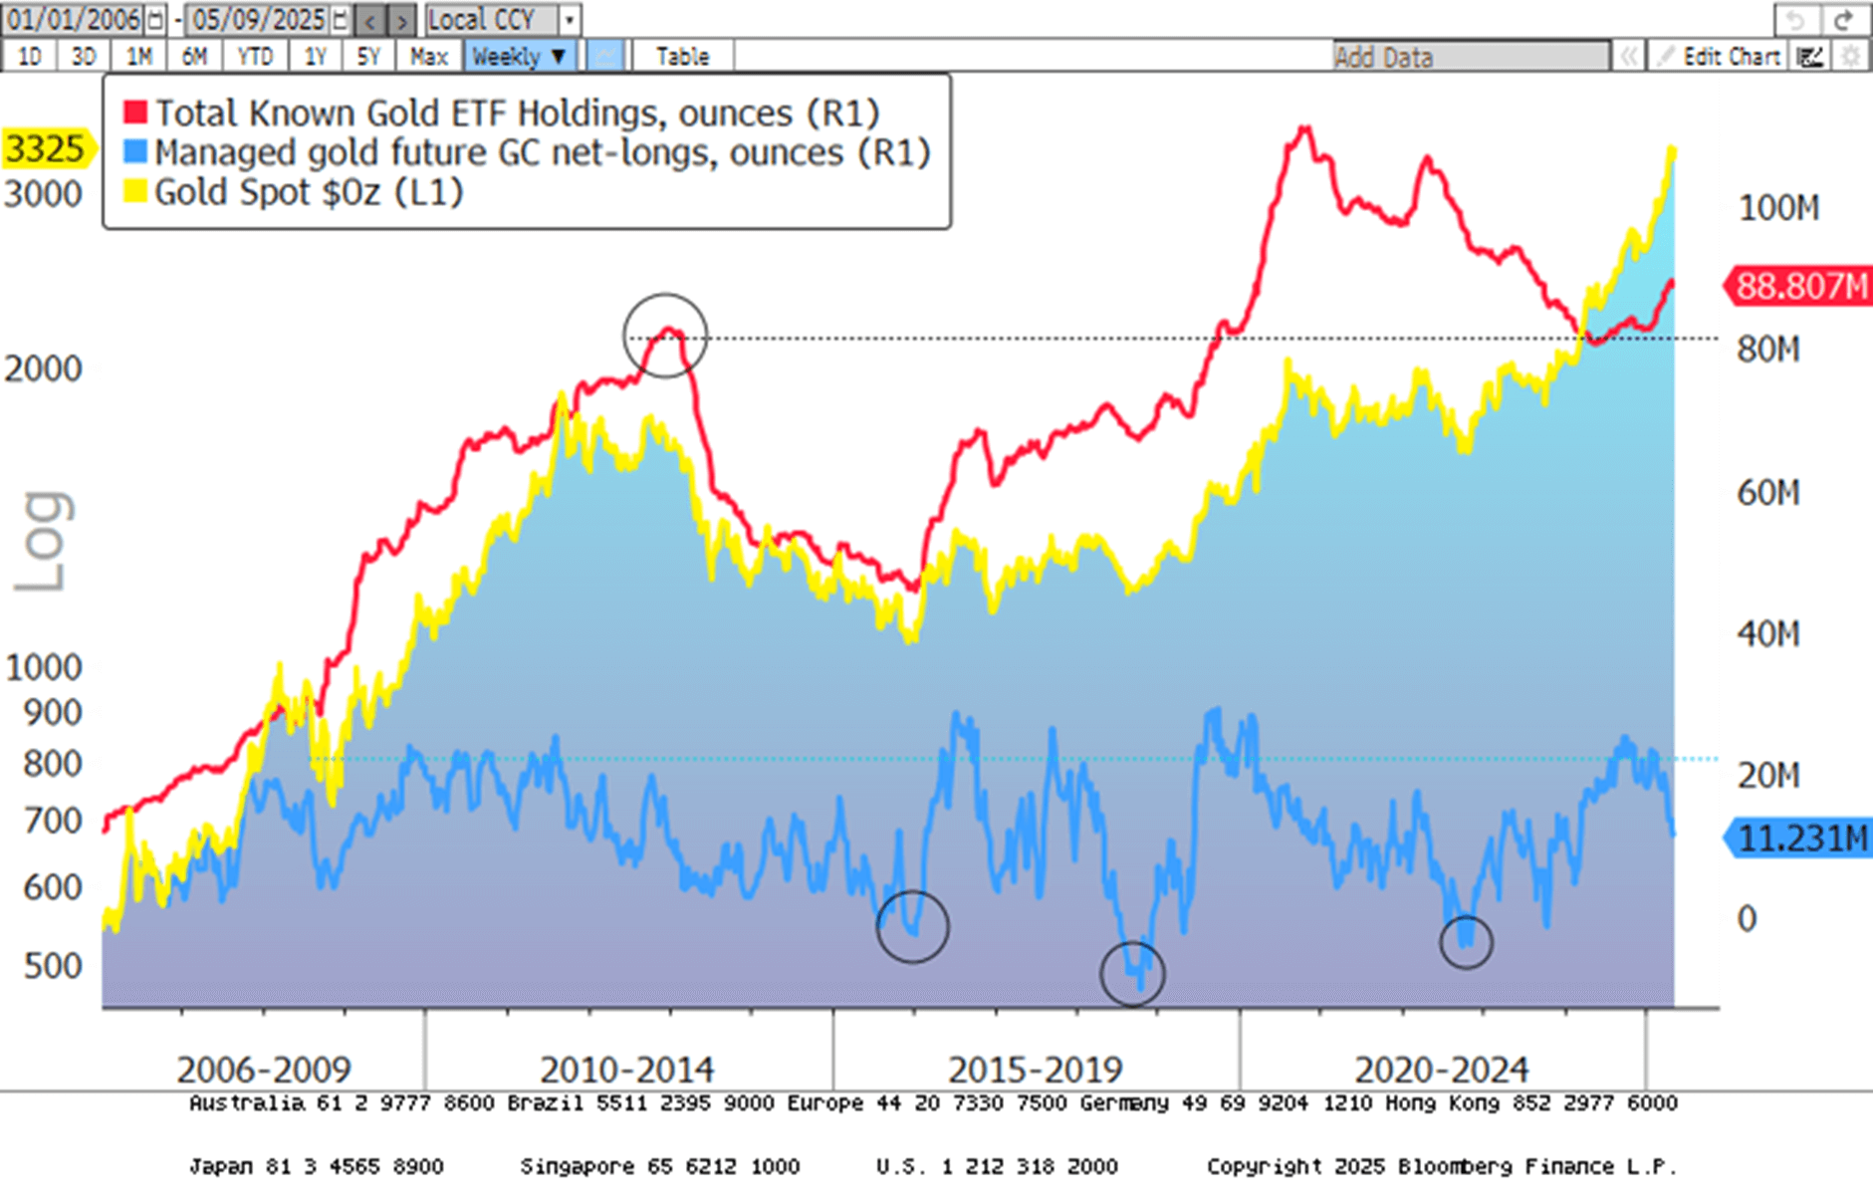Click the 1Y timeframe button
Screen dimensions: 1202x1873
[x=315, y=57]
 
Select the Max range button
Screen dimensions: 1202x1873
[x=428, y=57]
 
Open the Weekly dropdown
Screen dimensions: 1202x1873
[x=519, y=57]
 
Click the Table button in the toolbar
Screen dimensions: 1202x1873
[x=682, y=57]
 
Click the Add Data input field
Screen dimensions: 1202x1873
[x=1470, y=57]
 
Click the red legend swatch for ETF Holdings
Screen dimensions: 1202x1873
[x=134, y=113]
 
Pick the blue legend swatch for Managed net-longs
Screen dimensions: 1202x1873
[x=134, y=152]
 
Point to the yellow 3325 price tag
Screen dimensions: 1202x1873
[x=46, y=149]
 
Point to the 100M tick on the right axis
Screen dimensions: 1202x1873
[x=1778, y=208]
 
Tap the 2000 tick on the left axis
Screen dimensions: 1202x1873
[x=43, y=368]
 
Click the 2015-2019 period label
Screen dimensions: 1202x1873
[x=1035, y=1070]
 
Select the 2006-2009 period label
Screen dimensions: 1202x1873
[x=264, y=1070]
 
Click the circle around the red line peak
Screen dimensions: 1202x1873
[x=665, y=335]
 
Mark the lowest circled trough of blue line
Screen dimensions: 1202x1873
[x=1132, y=973]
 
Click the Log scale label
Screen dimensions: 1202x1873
[x=44, y=543]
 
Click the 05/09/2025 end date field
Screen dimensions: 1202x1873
[x=259, y=19]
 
